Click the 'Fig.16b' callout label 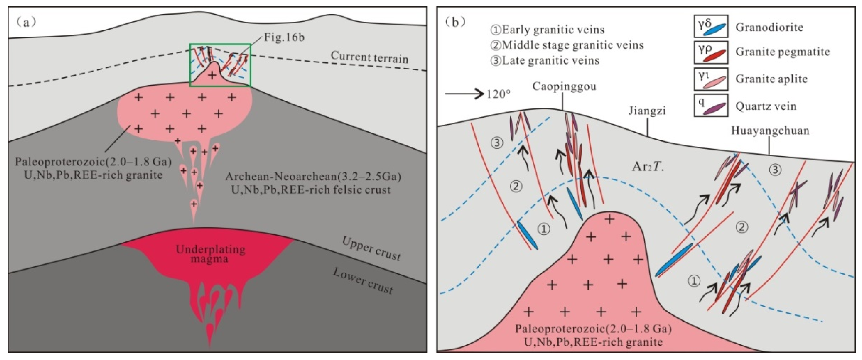284,37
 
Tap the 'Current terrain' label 369,57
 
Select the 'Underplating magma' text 211,254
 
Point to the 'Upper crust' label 371,249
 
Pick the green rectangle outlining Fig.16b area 220,44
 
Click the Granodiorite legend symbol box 711,26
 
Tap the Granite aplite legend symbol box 711,79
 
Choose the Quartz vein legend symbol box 711,105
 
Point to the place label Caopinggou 564,87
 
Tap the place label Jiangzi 647,111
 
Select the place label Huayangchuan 770,131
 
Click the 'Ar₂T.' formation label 648,167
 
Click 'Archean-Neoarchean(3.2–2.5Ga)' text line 313,176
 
